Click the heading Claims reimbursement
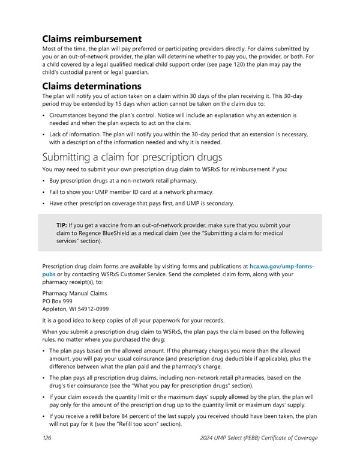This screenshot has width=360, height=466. coord(92,39)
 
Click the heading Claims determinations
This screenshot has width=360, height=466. coord(92,86)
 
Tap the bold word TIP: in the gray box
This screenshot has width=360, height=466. coord(62,225)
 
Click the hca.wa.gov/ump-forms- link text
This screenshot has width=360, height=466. coord(281,265)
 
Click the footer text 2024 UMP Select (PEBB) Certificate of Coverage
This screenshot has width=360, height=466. coord(257,438)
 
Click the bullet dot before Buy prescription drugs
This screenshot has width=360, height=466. coord(44,181)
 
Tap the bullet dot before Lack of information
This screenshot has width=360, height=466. coord(44,135)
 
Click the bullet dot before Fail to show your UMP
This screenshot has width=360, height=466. coord(44,192)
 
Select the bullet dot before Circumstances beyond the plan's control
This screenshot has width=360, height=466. coord(44,115)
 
